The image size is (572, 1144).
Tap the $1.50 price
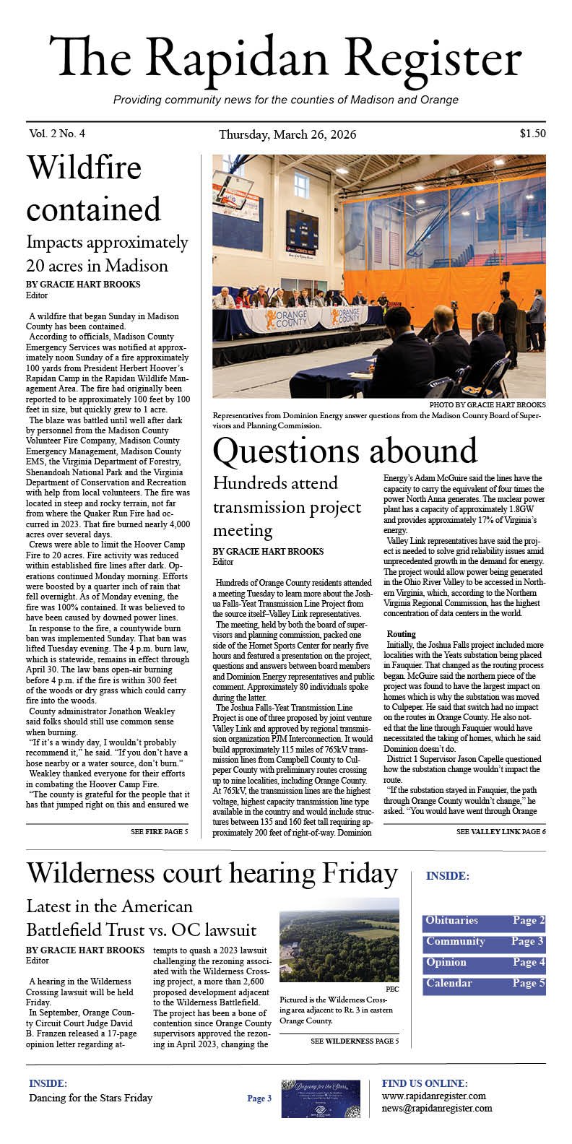(532, 134)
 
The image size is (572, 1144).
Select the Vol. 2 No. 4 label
(57, 134)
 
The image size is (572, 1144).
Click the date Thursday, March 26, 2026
(287, 135)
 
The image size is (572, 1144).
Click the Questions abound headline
(344, 451)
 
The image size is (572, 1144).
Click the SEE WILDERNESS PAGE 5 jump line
(355, 1041)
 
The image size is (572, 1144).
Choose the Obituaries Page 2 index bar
(484, 921)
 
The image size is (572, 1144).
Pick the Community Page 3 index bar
(484, 942)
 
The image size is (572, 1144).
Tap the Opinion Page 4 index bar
(484, 963)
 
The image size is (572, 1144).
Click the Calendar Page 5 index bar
(484, 984)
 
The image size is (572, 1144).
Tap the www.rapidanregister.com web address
(433, 1096)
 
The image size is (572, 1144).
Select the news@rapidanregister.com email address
(436, 1108)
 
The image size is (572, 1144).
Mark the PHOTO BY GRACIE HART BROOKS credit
(487, 404)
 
